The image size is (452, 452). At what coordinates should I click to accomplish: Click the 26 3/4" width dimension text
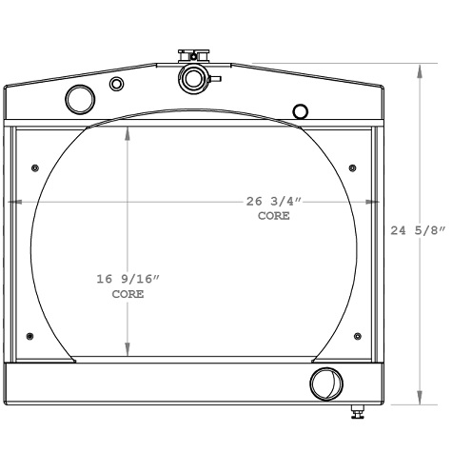pyautogui.click(x=274, y=202)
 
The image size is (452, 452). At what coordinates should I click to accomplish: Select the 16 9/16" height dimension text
pyautogui.click(x=128, y=279)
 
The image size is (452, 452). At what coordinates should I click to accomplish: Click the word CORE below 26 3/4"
pyautogui.click(x=274, y=217)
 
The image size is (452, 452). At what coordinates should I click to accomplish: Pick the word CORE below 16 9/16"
pyautogui.click(x=128, y=295)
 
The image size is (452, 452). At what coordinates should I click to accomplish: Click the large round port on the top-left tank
pyautogui.click(x=79, y=97)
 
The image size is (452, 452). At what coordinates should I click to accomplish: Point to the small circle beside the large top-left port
pyautogui.click(x=117, y=85)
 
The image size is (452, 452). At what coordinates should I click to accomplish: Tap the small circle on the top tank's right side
pyautogui.click(x=301, y=111)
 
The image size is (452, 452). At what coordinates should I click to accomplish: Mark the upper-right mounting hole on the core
pyautogui.click(x=354, y=167)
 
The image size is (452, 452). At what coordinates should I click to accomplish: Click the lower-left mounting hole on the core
pyautogui.click(x=31, y=336)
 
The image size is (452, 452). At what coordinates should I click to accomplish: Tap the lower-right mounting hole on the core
pyautogui.click(x=357, y=336)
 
